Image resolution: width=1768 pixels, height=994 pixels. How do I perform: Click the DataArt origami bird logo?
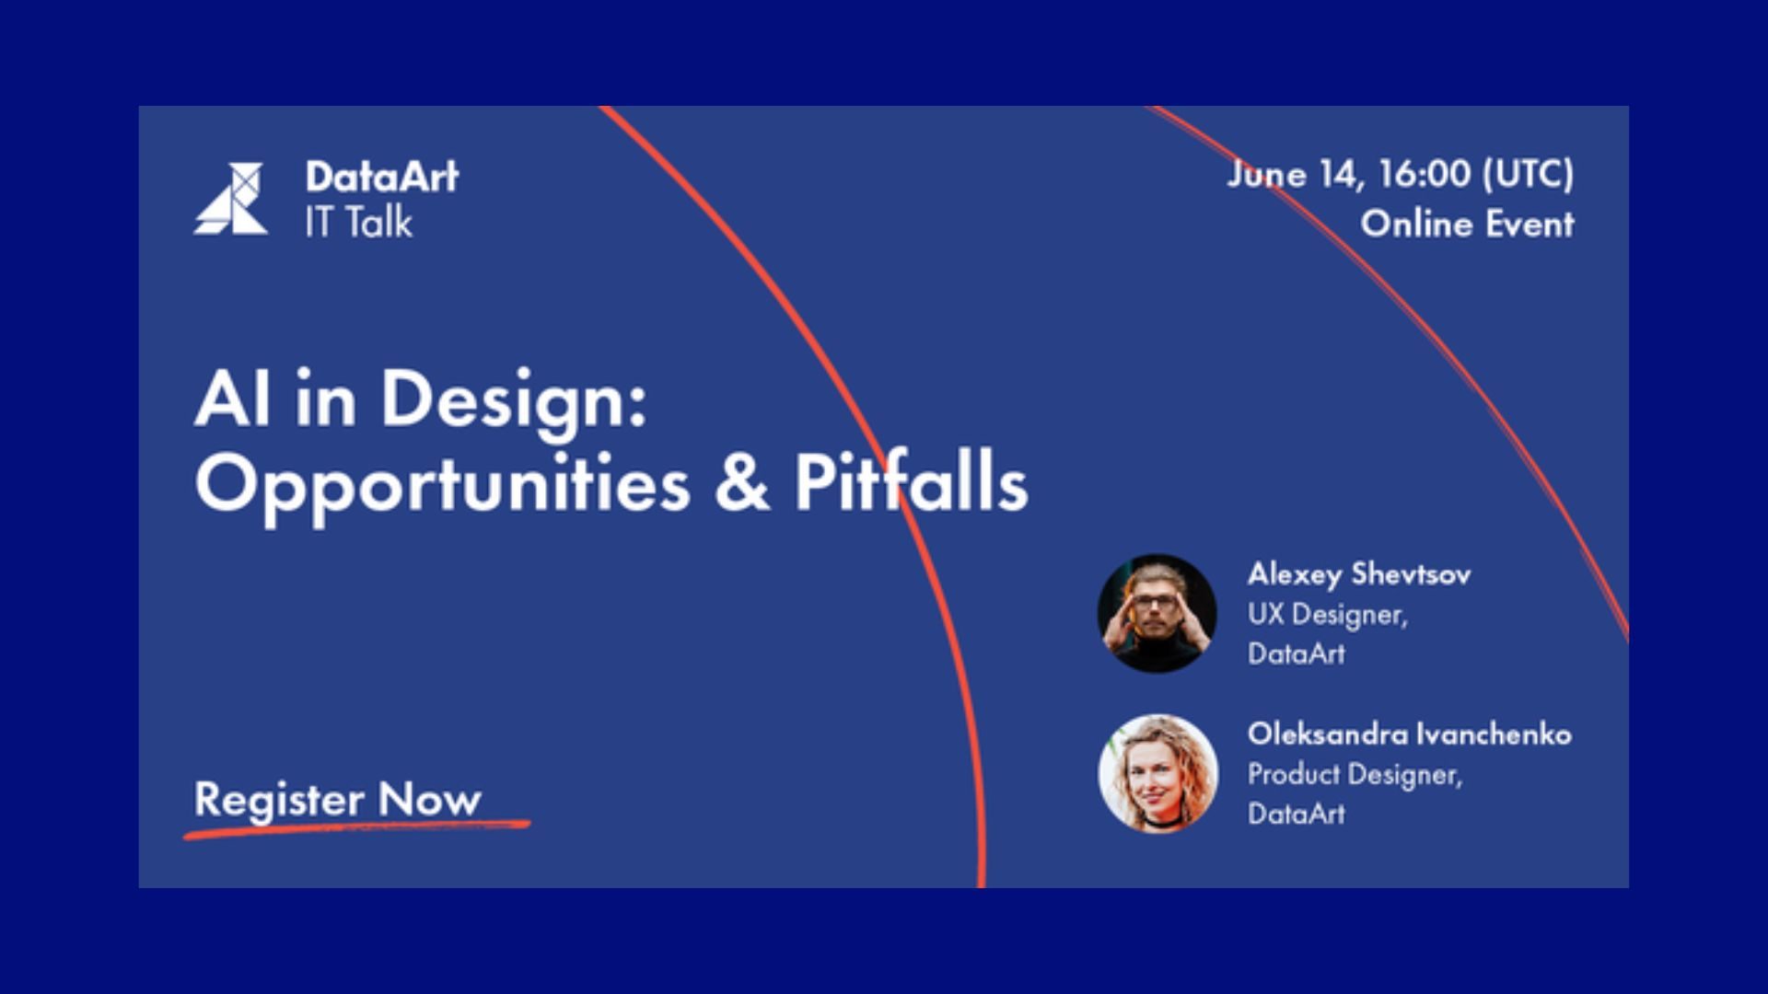(x=231, y=199)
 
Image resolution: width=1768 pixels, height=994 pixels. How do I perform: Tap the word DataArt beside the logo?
(x=381, y=176)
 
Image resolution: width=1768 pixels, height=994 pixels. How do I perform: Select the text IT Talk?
(x=358, y=222)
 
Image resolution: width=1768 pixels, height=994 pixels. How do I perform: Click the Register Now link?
(x=337, y=799)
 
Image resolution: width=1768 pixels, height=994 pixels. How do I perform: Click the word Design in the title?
(x=514, y=401)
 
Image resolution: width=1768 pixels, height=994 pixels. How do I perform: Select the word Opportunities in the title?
(x=442, y=485)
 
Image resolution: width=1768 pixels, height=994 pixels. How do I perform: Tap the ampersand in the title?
(x=741, y=481)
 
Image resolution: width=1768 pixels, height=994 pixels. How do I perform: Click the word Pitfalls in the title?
(x=911, y=480)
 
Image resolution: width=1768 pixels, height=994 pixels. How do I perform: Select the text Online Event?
(x=1468, y=224)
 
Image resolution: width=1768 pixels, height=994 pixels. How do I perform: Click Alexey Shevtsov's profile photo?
(x=1157, y=613)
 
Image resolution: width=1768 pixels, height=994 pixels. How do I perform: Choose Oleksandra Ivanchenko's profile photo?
(x=1158, y=773)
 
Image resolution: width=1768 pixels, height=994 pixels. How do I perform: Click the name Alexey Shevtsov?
(x=1359, y=574)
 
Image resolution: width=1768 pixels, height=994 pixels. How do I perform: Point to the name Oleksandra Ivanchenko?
(x=1410, y=734)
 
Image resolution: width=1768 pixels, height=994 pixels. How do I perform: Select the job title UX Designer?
(x=1328, y=615)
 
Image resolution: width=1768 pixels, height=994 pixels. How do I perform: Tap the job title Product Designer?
(x=1355, y=775)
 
